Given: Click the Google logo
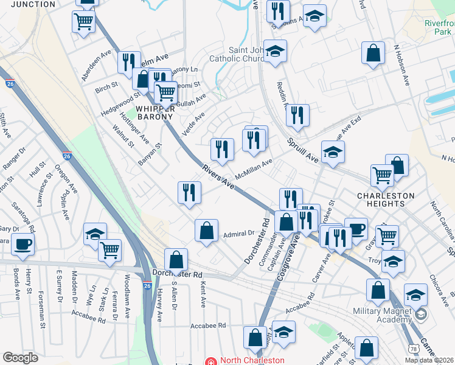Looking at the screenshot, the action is (x=20, y=358).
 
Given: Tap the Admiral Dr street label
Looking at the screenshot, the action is (x=238, y=233).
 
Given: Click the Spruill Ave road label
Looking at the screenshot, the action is (x=303, y=150).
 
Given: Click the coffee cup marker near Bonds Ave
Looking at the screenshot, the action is (x=23, y=243).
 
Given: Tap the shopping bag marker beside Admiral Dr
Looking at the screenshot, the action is (x=206, y=230).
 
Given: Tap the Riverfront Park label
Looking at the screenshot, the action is (x=439, y=27).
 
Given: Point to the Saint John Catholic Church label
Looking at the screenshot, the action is (x=238, y=55).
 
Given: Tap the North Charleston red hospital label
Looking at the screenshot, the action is (x=243, y=360).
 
